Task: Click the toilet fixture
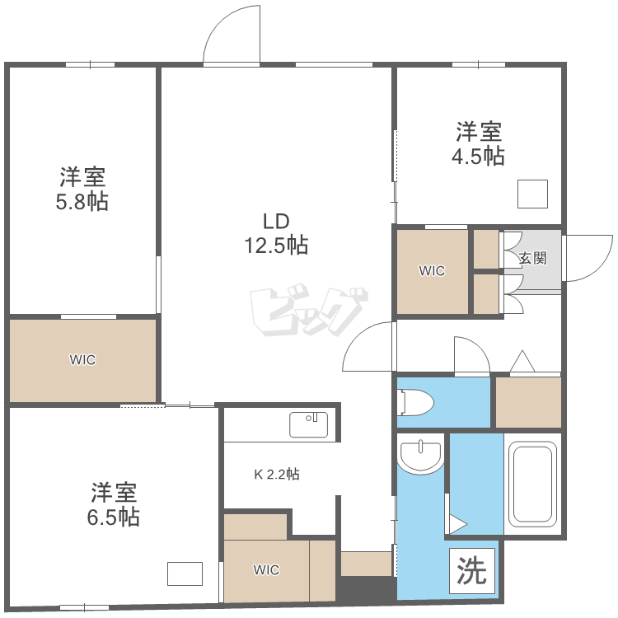click(415, 402)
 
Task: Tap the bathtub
click(532, 484)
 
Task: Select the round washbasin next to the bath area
click(420, 456)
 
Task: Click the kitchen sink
click(309, 424)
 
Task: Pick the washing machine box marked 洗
click(472, 570)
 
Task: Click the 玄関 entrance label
click(532, 259)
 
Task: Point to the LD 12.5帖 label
click(276, 233)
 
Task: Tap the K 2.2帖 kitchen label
click(277, 474)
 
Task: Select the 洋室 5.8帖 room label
click(82, 190)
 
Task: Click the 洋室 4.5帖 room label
click(478, 143)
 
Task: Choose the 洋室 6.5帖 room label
click(114, 504)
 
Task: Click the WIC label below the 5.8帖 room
click(82, 360)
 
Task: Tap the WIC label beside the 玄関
click(432, 271)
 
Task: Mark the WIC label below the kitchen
click(266, 569)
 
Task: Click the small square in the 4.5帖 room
click(532, 194)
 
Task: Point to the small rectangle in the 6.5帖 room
click(185, 574)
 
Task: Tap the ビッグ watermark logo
click(309, 309)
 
